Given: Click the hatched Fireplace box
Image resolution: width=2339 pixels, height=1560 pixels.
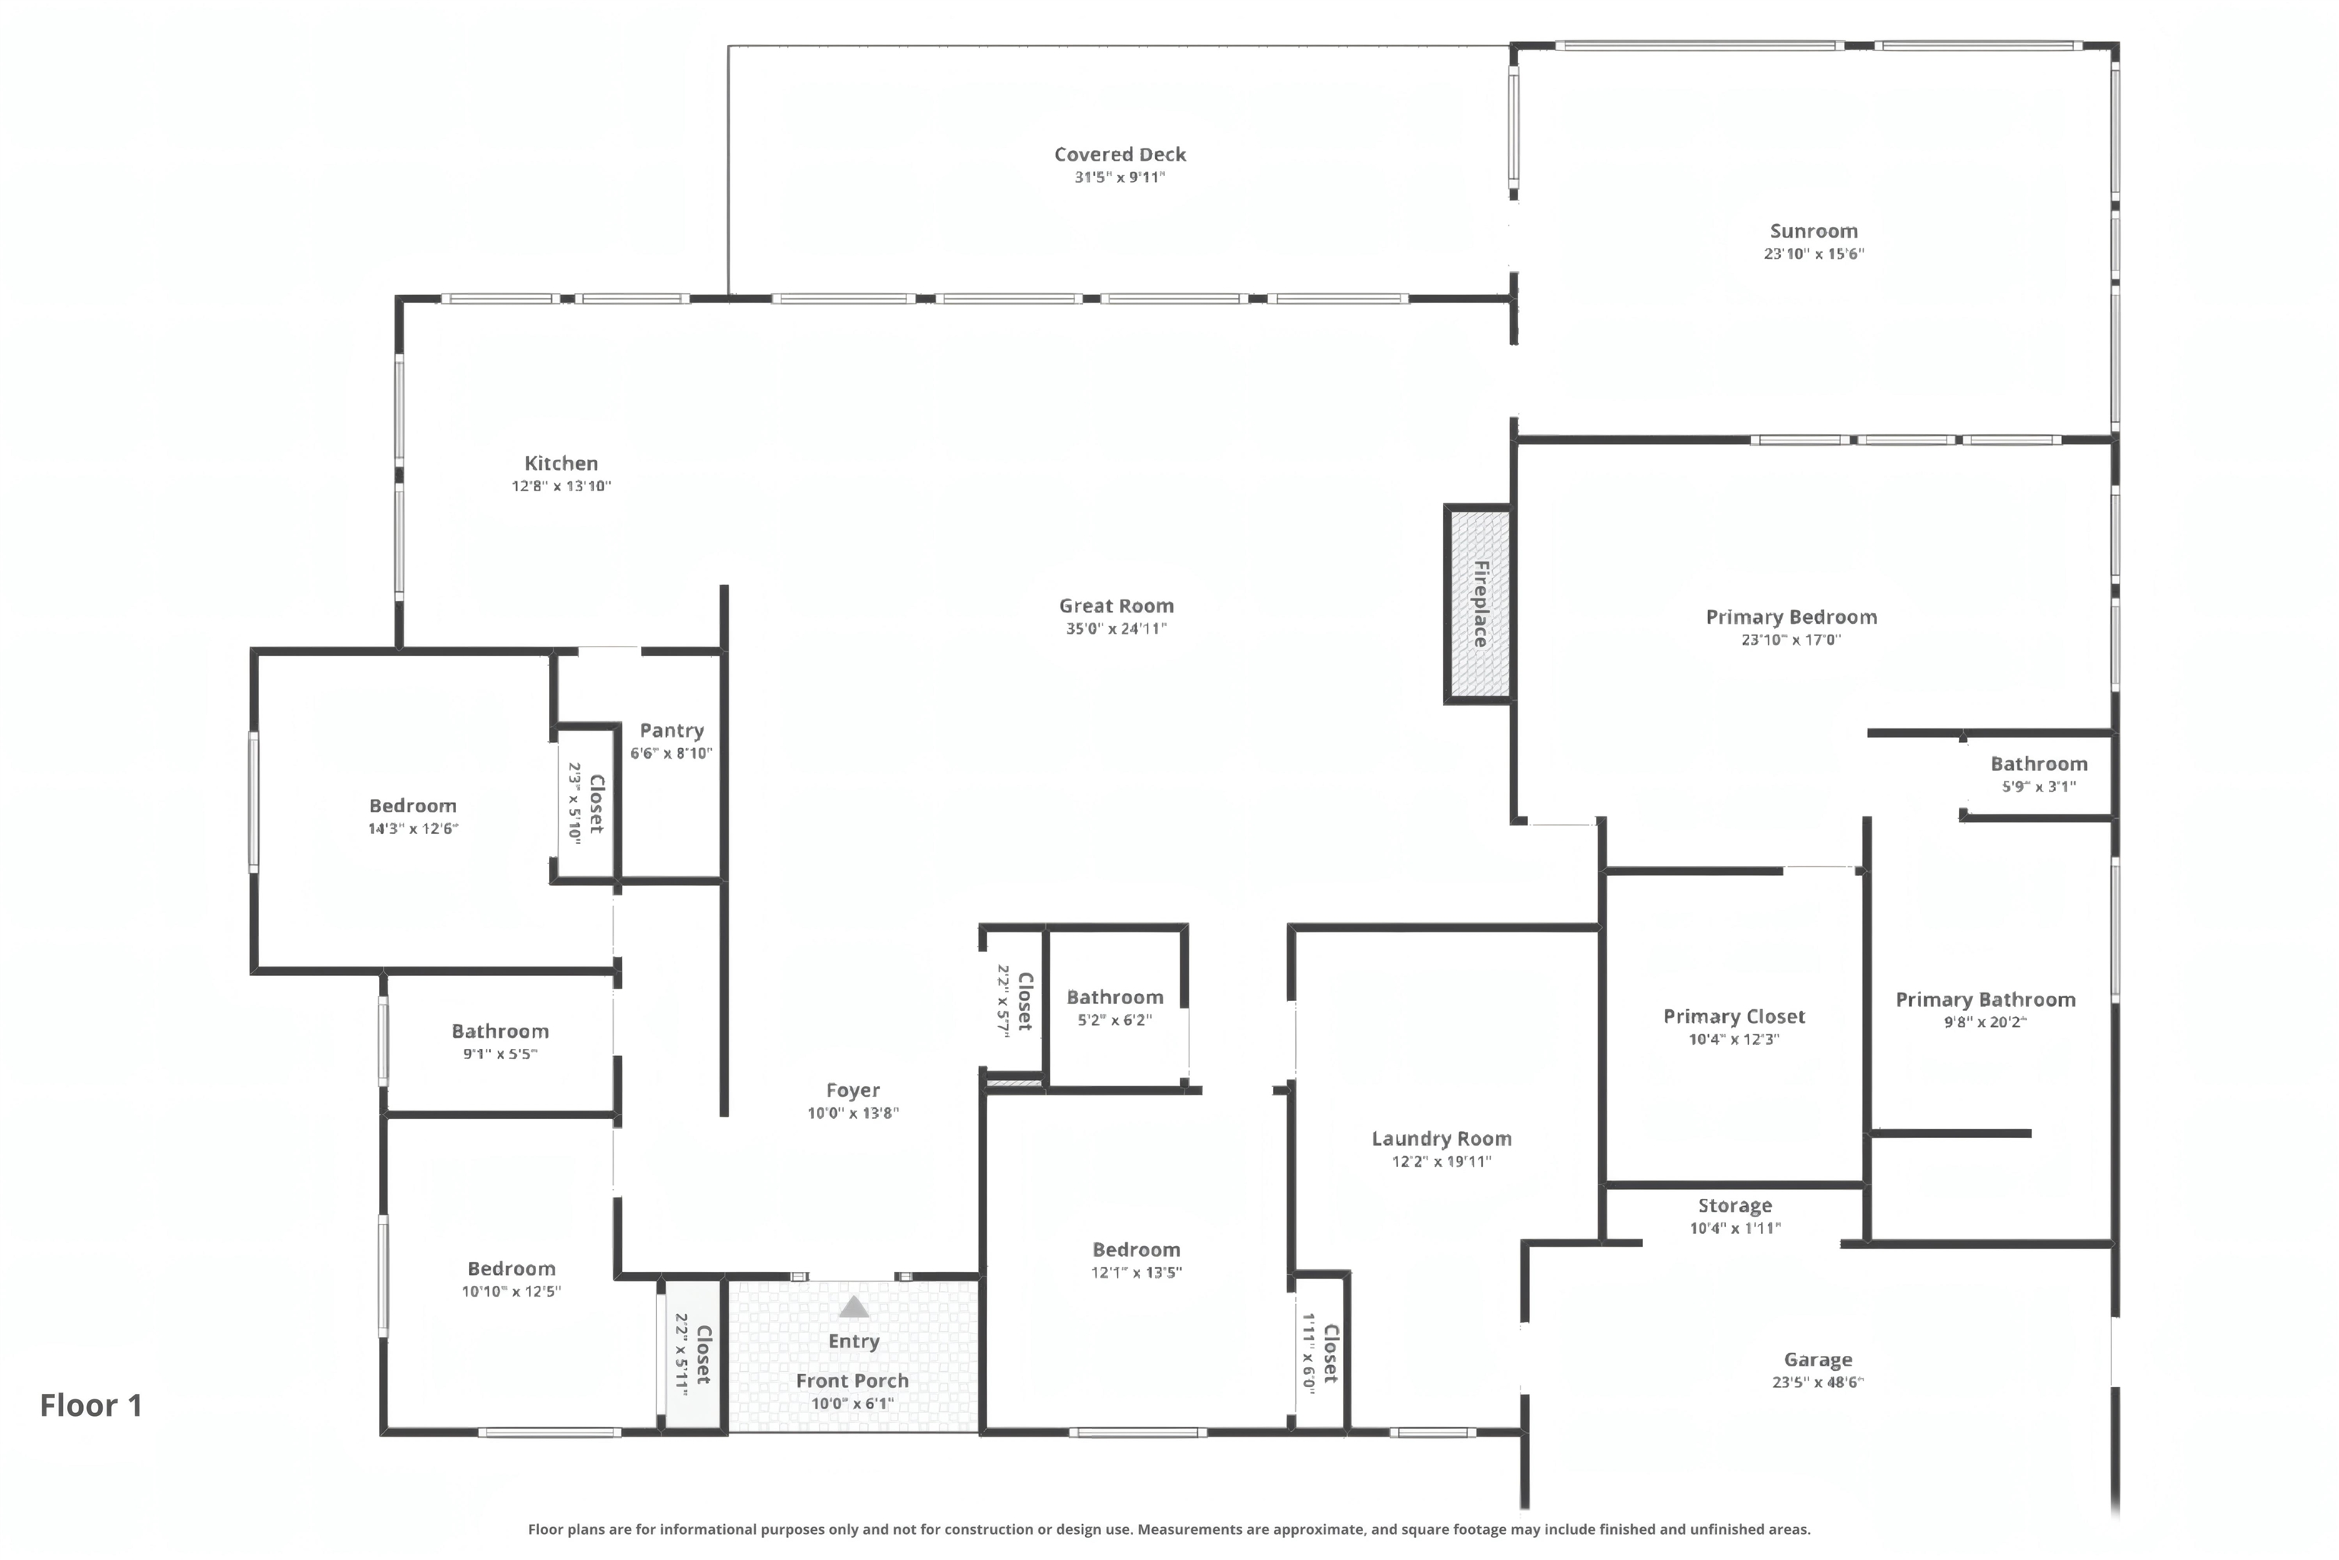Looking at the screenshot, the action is [1479, 604].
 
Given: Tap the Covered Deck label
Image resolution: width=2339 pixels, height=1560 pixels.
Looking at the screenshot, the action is [1120, 154].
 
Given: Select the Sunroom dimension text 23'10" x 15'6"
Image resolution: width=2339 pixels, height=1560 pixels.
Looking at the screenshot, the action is [1814, 254].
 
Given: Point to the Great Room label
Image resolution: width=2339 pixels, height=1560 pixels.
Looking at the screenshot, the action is [1115, 606].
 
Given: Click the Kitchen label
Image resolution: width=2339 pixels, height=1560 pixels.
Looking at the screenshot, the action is [561, 464].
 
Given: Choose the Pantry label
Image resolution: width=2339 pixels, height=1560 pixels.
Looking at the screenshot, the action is [672, 731].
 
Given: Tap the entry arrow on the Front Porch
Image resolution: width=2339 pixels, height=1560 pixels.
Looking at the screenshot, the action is [854, 1306].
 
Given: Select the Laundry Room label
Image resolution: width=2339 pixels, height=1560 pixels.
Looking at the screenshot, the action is [1441, 1140].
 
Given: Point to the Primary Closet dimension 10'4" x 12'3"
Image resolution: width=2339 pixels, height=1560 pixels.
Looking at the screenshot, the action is [1734, 1040].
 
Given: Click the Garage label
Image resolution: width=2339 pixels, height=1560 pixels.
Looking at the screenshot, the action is [1818, 1360].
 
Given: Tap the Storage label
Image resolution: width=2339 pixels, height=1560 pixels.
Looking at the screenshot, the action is [1734, 1206].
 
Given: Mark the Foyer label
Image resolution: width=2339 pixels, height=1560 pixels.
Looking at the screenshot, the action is [852, 1091].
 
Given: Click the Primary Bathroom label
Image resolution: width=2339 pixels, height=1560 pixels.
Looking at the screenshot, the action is [1985, 1000].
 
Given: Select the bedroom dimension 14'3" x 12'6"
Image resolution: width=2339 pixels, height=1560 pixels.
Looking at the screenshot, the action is [413, 829].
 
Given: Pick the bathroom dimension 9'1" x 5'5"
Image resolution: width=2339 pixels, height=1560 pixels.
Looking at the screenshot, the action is [499, 1054].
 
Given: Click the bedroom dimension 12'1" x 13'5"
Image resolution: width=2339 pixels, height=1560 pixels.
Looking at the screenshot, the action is [1136, 1273].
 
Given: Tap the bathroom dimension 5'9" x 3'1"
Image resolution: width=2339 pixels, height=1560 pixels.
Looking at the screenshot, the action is [2039, 787].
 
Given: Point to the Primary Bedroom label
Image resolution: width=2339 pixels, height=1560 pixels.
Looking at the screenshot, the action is [1791, 617].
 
